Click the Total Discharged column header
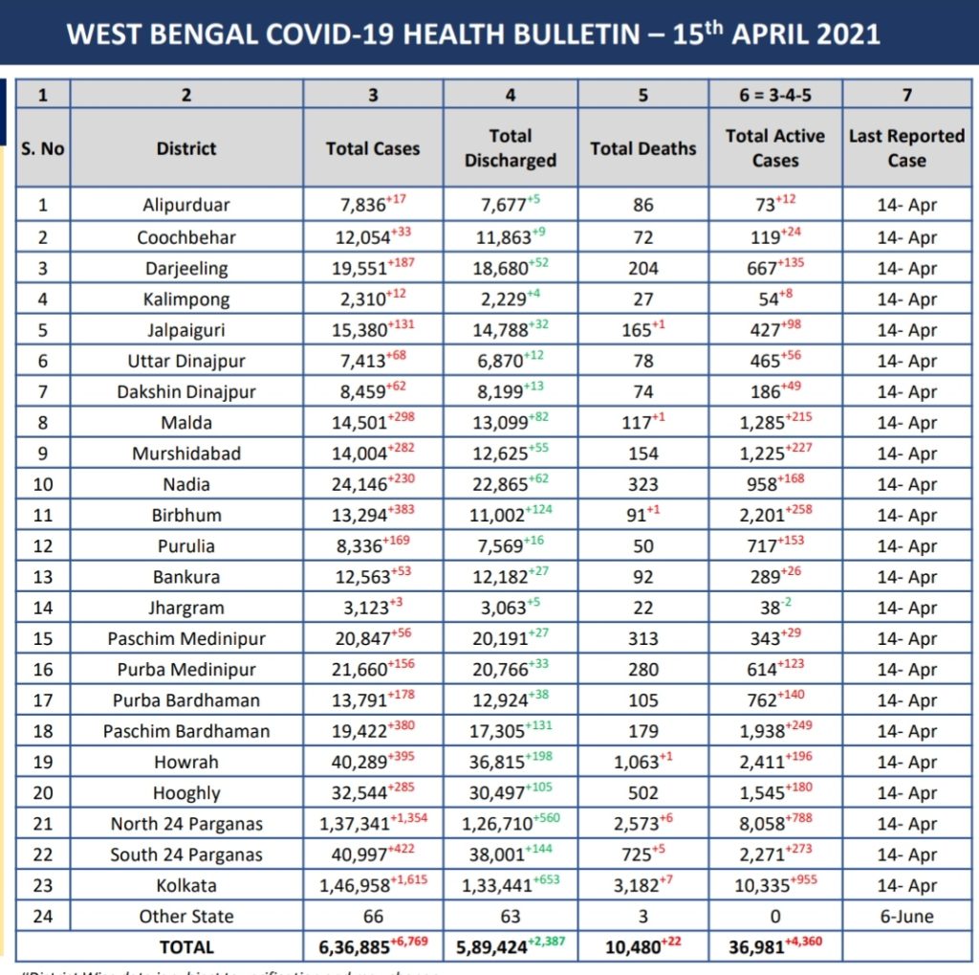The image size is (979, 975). coord(510,148)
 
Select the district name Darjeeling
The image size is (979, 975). coord(186,269)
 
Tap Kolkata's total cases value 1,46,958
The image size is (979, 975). coord(355,887)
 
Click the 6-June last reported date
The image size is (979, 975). coord(906,917)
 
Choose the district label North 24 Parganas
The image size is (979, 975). coord(186,825)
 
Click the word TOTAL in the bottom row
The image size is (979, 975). coord(186,947)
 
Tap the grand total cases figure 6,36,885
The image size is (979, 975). coord(355,948)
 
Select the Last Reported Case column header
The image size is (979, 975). coord(906,148)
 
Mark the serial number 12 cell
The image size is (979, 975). coord(43,546)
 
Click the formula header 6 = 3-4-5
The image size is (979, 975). coord(774,94)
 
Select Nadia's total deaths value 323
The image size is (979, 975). coord(642,484)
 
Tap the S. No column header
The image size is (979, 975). coord(43,148)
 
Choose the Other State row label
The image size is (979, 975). coord(186,917)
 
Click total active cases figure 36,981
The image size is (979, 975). coord(760,948)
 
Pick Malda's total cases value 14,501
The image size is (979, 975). coord(355,423)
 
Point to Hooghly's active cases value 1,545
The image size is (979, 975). coord(762,794)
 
